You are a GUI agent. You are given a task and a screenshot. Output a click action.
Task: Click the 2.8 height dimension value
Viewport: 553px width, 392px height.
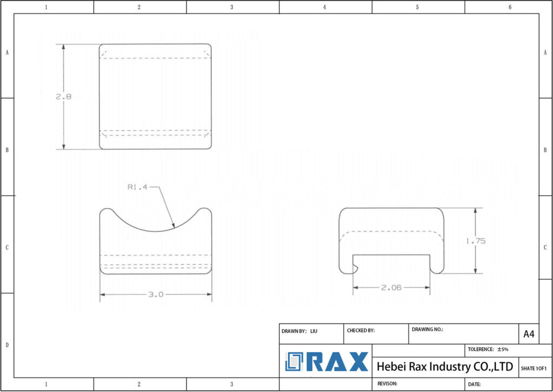click(x=63, y=97)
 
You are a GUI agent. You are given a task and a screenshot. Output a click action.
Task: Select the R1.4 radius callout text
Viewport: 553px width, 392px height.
click(x=138, y=188)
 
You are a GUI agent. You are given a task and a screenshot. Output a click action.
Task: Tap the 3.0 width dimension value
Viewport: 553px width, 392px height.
click(x=156, y=295)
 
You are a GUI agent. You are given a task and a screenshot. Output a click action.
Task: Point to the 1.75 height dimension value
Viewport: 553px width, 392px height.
click(x=475, y=241)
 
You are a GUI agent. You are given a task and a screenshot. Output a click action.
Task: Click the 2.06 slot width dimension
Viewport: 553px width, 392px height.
click(x=391, y=288)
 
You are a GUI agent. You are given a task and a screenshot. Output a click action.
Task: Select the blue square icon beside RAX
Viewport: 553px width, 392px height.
click(x=295, y=362)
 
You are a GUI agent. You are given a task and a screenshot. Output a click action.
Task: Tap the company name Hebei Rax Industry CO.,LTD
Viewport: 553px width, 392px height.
click(x=444, y=367)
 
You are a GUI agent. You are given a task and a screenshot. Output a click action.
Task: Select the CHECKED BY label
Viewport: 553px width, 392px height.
click(x=360, y=330)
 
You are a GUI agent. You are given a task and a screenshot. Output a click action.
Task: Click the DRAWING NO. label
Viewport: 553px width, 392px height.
click(x=427, y=329)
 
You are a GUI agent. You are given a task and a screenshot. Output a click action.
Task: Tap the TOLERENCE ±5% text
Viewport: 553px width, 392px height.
click(x=488, y=350)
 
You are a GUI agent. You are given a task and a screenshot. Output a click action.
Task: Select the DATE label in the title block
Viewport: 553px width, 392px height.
click(x=475, y=384)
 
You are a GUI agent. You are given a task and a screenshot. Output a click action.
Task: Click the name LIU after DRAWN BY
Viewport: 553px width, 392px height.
click(x=314, y=330)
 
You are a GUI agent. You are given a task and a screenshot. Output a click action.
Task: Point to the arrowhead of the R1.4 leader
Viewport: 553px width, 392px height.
click(x=174, y=226)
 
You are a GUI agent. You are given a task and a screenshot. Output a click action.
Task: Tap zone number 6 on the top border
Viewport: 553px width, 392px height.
click(x=510, y=7)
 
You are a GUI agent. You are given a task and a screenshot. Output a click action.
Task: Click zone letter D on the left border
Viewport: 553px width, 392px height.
click(x=6, y=344)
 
